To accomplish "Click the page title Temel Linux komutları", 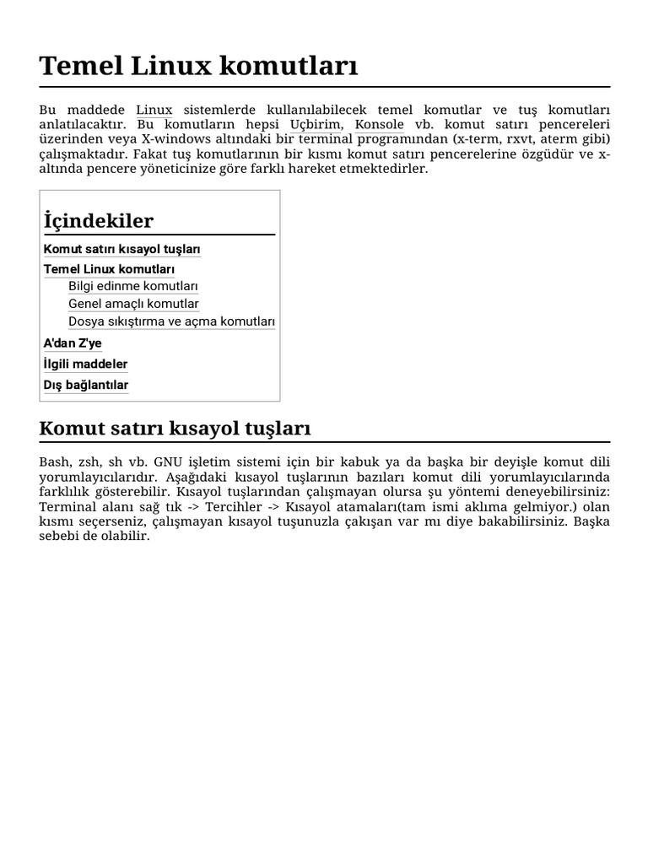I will pyautogui.click(x=198, y=65).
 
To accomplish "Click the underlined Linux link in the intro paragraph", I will pyautogui.click(x=154, y=111).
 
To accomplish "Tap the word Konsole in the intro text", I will pyautogui.click(x=380, y=125).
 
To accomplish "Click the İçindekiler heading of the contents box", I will pyautogui.click(x=99, y=221).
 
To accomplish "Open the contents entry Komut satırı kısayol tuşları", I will pyautogui.click(x=121, y=250).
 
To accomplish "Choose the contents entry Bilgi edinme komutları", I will pyautogui.click(x=132, y=286).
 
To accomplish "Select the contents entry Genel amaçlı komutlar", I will pyautogui.click(x=133, y=304).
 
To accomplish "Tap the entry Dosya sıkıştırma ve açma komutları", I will pyautogui.click(x=171, y=321).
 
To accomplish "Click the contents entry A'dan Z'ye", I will pyautogui.click(x=73, y=343).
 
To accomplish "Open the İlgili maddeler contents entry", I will pyautogui.click(x=85, y=364).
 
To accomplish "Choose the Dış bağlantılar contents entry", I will pyautogui.click(x=86, y=386).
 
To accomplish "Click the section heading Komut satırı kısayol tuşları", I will pyautogui.click(x=175, y=429).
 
